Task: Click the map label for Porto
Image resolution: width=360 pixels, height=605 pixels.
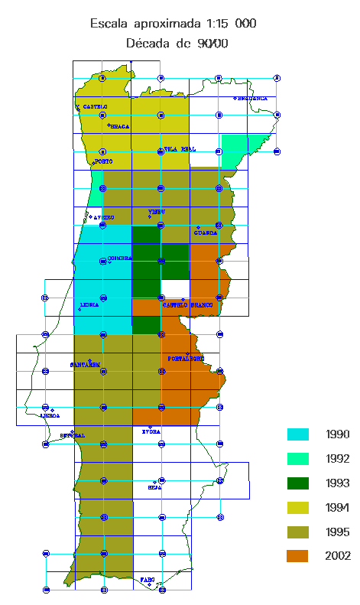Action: [103, 161]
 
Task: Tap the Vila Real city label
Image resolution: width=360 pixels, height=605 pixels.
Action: [180, 149]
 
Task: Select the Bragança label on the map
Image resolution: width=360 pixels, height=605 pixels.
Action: [252, 99]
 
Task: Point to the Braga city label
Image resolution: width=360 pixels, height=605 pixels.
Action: [120, 127]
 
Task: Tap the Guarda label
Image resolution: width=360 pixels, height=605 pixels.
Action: [206, 233]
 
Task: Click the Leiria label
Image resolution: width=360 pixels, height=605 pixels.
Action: [89, 304]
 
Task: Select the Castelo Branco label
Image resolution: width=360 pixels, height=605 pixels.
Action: [188, 305]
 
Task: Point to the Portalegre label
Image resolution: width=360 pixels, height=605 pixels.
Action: [186, 358]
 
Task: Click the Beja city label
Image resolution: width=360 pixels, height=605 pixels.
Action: [154, 486]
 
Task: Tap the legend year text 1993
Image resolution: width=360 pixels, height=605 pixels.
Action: [337, 483]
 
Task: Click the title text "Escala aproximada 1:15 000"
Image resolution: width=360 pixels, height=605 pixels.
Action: [173, 24]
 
